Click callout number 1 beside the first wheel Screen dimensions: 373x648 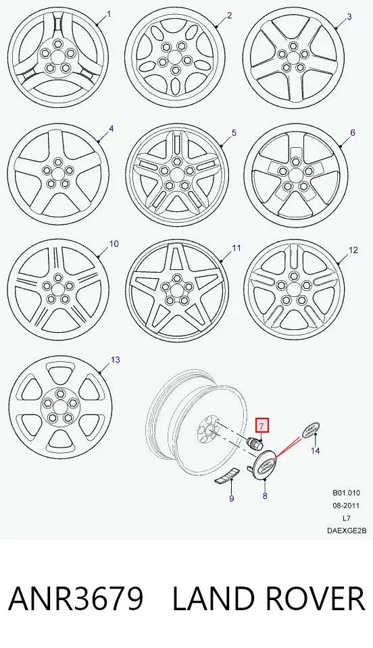pyautogui.click(x=109, y=14)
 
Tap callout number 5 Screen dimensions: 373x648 pyautogui.click(x=234, y=133)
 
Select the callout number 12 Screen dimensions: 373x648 pyautogui.click(x=353, y=250)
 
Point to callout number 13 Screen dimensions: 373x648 pyautogui.click(x=116, y=360)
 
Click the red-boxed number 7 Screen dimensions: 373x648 pyautogui.click(x=262, y=425)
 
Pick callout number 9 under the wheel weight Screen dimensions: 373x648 pyautogui.click(x=232, y=498)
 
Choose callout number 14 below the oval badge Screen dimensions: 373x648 pyautogui.click(x=316, y=450)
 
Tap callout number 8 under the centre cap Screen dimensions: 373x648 pyautogui.click(x=265, y=496)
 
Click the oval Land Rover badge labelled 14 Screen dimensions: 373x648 pyautogui.click(x=312, y=431)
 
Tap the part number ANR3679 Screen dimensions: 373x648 pyautogui.click(x=76, y=599)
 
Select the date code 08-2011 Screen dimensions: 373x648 pyautogui.click(x=346, y=506)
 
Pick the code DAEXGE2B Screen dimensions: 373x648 pyautogui.click(x=347, y=531)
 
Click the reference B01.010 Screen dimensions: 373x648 pyautogui.click(x=346, y=493)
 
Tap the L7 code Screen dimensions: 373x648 pyautogui.click(x=347, y=518)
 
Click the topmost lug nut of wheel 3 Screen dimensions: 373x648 pyautogui.click(x=294, y=46)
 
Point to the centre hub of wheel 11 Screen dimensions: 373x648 pyautogui.click(x=177, y=289)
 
